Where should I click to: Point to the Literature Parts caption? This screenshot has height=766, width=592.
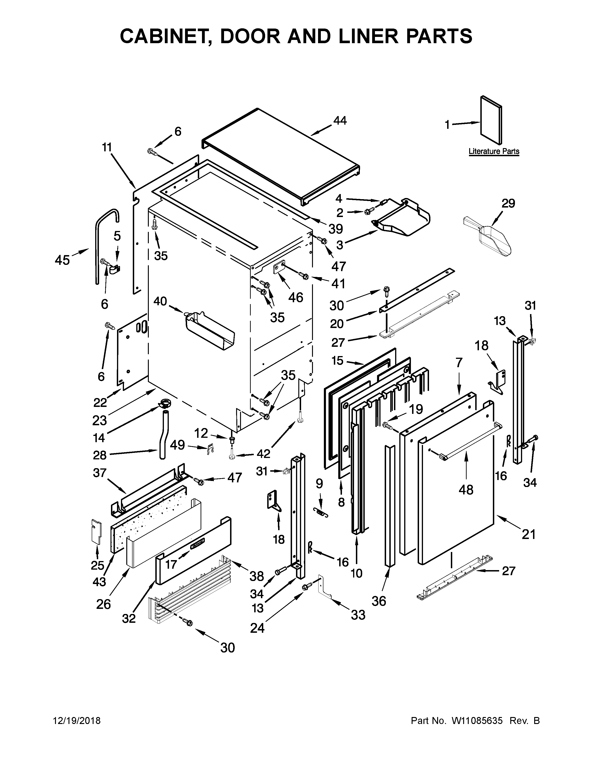[x=494, y=152]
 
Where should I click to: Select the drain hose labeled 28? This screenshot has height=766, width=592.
[x=164, y=435]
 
